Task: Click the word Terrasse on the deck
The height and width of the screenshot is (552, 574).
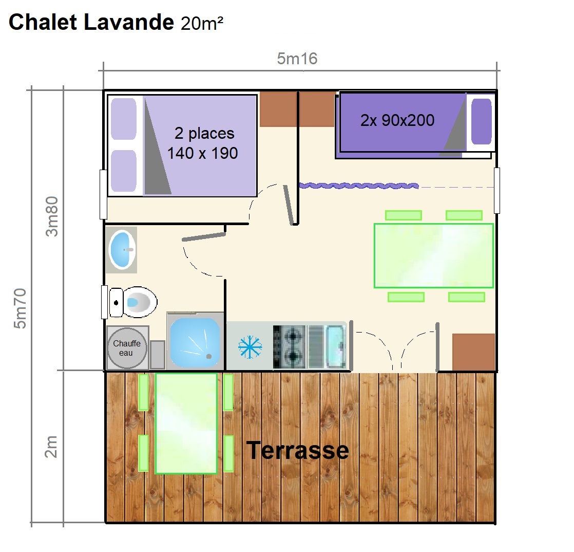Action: pyautogui.click(x=298, y=450)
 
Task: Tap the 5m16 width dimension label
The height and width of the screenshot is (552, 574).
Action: pyautogui.click(x=297, y=59)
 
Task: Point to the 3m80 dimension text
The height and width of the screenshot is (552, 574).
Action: pyautogui.click(x=52, y=216)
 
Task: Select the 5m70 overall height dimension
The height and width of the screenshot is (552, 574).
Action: pyautogui.click(x=20, y=308)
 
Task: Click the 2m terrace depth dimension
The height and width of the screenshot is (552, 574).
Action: pyautogui.click(x=50, y=447)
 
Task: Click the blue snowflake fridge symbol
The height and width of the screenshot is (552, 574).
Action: pyautogui.click(x=250, y=347)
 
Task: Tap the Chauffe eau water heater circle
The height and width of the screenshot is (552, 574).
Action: pyautogui.click(x=127, y=348)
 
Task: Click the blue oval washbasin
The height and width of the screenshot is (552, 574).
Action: pyautogui.click(x=122, y=249)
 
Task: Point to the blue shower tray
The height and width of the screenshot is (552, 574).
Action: pyautogui.click(x=195, y=342)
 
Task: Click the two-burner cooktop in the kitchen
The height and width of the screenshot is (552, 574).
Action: pyautogui.click(x=289, y=347)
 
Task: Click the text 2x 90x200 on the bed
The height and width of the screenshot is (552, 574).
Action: pyautogui.click(x=397, y=120)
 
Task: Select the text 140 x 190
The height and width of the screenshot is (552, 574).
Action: pyautogui.click(x=202, y=153)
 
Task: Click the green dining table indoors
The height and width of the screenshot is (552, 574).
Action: pyautogui.click(x=433, y=255)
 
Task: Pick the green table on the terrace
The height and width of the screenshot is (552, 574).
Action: pyautogui.click(x=186, y=424)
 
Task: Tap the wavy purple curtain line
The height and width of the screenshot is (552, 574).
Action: pyautogui.click(x=359, y=186)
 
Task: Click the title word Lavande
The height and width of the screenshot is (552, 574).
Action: pyautogui.click(x=129, y=22)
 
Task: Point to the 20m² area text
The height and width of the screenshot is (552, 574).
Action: pyautogui.click(x=202, y=23)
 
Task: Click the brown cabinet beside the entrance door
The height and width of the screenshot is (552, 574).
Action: pyautogui.click(x=473, y=352)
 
